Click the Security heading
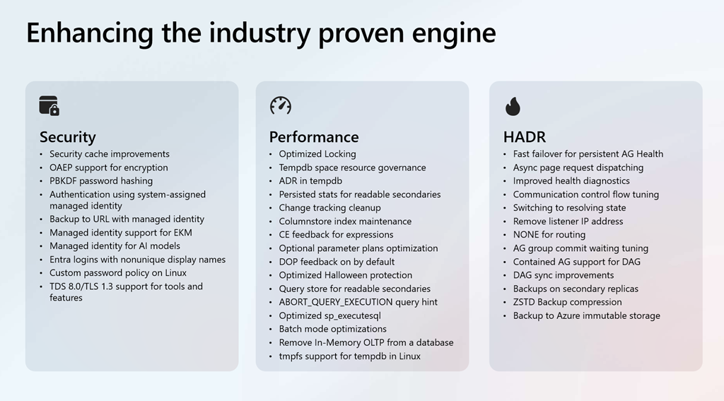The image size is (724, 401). click(x=67, y=137)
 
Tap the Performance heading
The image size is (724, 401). click(x=314, y=137)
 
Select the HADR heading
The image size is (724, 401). click(x=525, y=137)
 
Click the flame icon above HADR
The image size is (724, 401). click(x=513, y=106)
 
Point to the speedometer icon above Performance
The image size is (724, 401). click(x=281, y=105)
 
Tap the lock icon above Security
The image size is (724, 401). click(x=49, y=106)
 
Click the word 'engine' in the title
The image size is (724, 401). click(x=453, y=33)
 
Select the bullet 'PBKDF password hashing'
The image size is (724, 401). click(x=101, y=181)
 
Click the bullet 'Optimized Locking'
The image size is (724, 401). click(x=317, y=154)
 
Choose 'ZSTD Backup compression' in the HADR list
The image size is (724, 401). click(x=568, y=302)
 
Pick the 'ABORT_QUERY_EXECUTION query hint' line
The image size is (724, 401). click(x=358, y=302)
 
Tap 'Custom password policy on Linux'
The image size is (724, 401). click(x=118, y=273)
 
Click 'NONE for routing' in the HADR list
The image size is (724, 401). click(x=549, y=235)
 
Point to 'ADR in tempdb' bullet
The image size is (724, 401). click(x=310, y=181)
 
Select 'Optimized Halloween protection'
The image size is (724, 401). click(x=345, y=275)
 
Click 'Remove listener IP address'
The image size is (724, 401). click(x=568, y=221)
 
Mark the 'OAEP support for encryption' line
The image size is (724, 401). click(x=109, y=168)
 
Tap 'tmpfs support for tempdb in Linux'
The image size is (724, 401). click(x=349, y=356)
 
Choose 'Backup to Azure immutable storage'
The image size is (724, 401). click(x=587, y=316)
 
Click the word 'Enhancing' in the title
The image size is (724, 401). click(x=90, y=33)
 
